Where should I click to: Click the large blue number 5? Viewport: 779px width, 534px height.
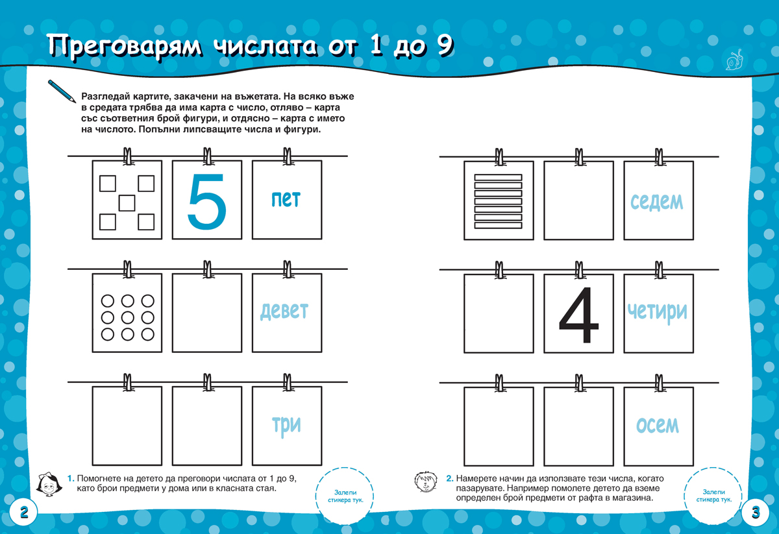click(206, 202)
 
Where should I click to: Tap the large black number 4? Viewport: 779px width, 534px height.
click(578, 315)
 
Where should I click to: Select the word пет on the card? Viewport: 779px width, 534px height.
click(286, 199)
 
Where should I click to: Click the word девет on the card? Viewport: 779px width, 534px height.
click(284, 310)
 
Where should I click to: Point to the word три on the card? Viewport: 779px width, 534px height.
click(286, 426)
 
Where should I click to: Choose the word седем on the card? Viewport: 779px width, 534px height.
click(657, 202)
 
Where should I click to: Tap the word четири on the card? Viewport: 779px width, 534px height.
click(657, 312)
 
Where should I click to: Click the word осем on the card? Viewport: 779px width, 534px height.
click(657, 425)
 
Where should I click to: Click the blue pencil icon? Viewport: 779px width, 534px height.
click(62, 91)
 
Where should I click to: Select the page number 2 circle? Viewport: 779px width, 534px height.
click(23, 513)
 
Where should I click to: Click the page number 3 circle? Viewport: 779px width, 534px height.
click(756, 513)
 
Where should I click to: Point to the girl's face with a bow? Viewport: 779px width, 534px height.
click(49, 484)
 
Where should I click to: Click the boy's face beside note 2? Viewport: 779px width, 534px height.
click(426, 482)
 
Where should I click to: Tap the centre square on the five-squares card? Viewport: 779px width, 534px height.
click(127, 203)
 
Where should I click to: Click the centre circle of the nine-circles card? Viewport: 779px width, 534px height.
click(128, 317)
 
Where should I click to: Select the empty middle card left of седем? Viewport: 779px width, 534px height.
click(578, 200)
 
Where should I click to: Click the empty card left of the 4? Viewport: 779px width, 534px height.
click(499, 313)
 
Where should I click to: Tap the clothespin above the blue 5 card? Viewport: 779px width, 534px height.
click(207, 156)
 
